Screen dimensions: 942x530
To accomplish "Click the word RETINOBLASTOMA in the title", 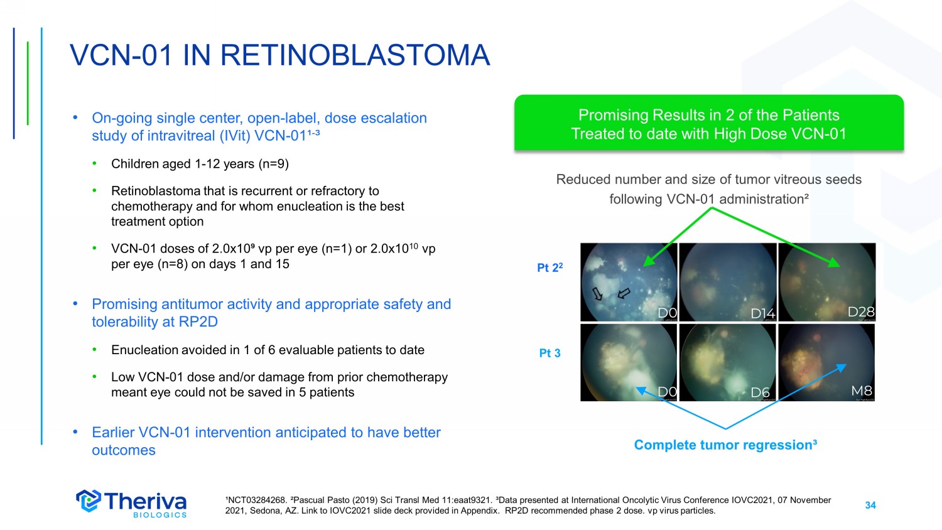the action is coord(355,55).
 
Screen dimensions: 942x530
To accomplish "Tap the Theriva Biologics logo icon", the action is coord(89,500).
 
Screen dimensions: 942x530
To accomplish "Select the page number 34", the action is coord(870,505).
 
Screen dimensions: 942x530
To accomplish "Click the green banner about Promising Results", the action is coord(708,122).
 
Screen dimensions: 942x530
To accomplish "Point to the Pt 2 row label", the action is coord(549,268).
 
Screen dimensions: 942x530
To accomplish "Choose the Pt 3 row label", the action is coord(549,353).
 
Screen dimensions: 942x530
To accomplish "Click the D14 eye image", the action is coord(728,282).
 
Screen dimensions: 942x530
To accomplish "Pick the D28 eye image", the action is coord(827,282).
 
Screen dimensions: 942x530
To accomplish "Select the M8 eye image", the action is coord(827,362).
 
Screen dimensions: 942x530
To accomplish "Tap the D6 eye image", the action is coord(728,362).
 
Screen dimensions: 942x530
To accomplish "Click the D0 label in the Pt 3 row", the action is coord(667,392).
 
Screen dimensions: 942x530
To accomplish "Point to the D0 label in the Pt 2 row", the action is coord(667,313).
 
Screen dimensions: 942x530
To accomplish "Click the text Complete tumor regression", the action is coord(725,445).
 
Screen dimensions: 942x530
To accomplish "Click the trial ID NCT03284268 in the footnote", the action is coord(257,500).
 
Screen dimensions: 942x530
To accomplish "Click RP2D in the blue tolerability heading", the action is coord(198,322).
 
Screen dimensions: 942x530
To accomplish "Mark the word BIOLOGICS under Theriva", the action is coord(160,515).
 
